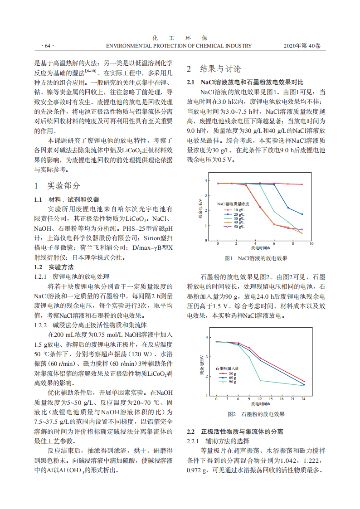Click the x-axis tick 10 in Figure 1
(311, 243)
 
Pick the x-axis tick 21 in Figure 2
(292, 399)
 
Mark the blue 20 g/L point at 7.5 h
(288, 208)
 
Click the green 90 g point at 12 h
(260, 380)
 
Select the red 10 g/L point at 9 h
(302, 184)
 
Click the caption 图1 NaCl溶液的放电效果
(256, 258)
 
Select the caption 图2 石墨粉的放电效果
(256, 414)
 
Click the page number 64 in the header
(47, 46)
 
